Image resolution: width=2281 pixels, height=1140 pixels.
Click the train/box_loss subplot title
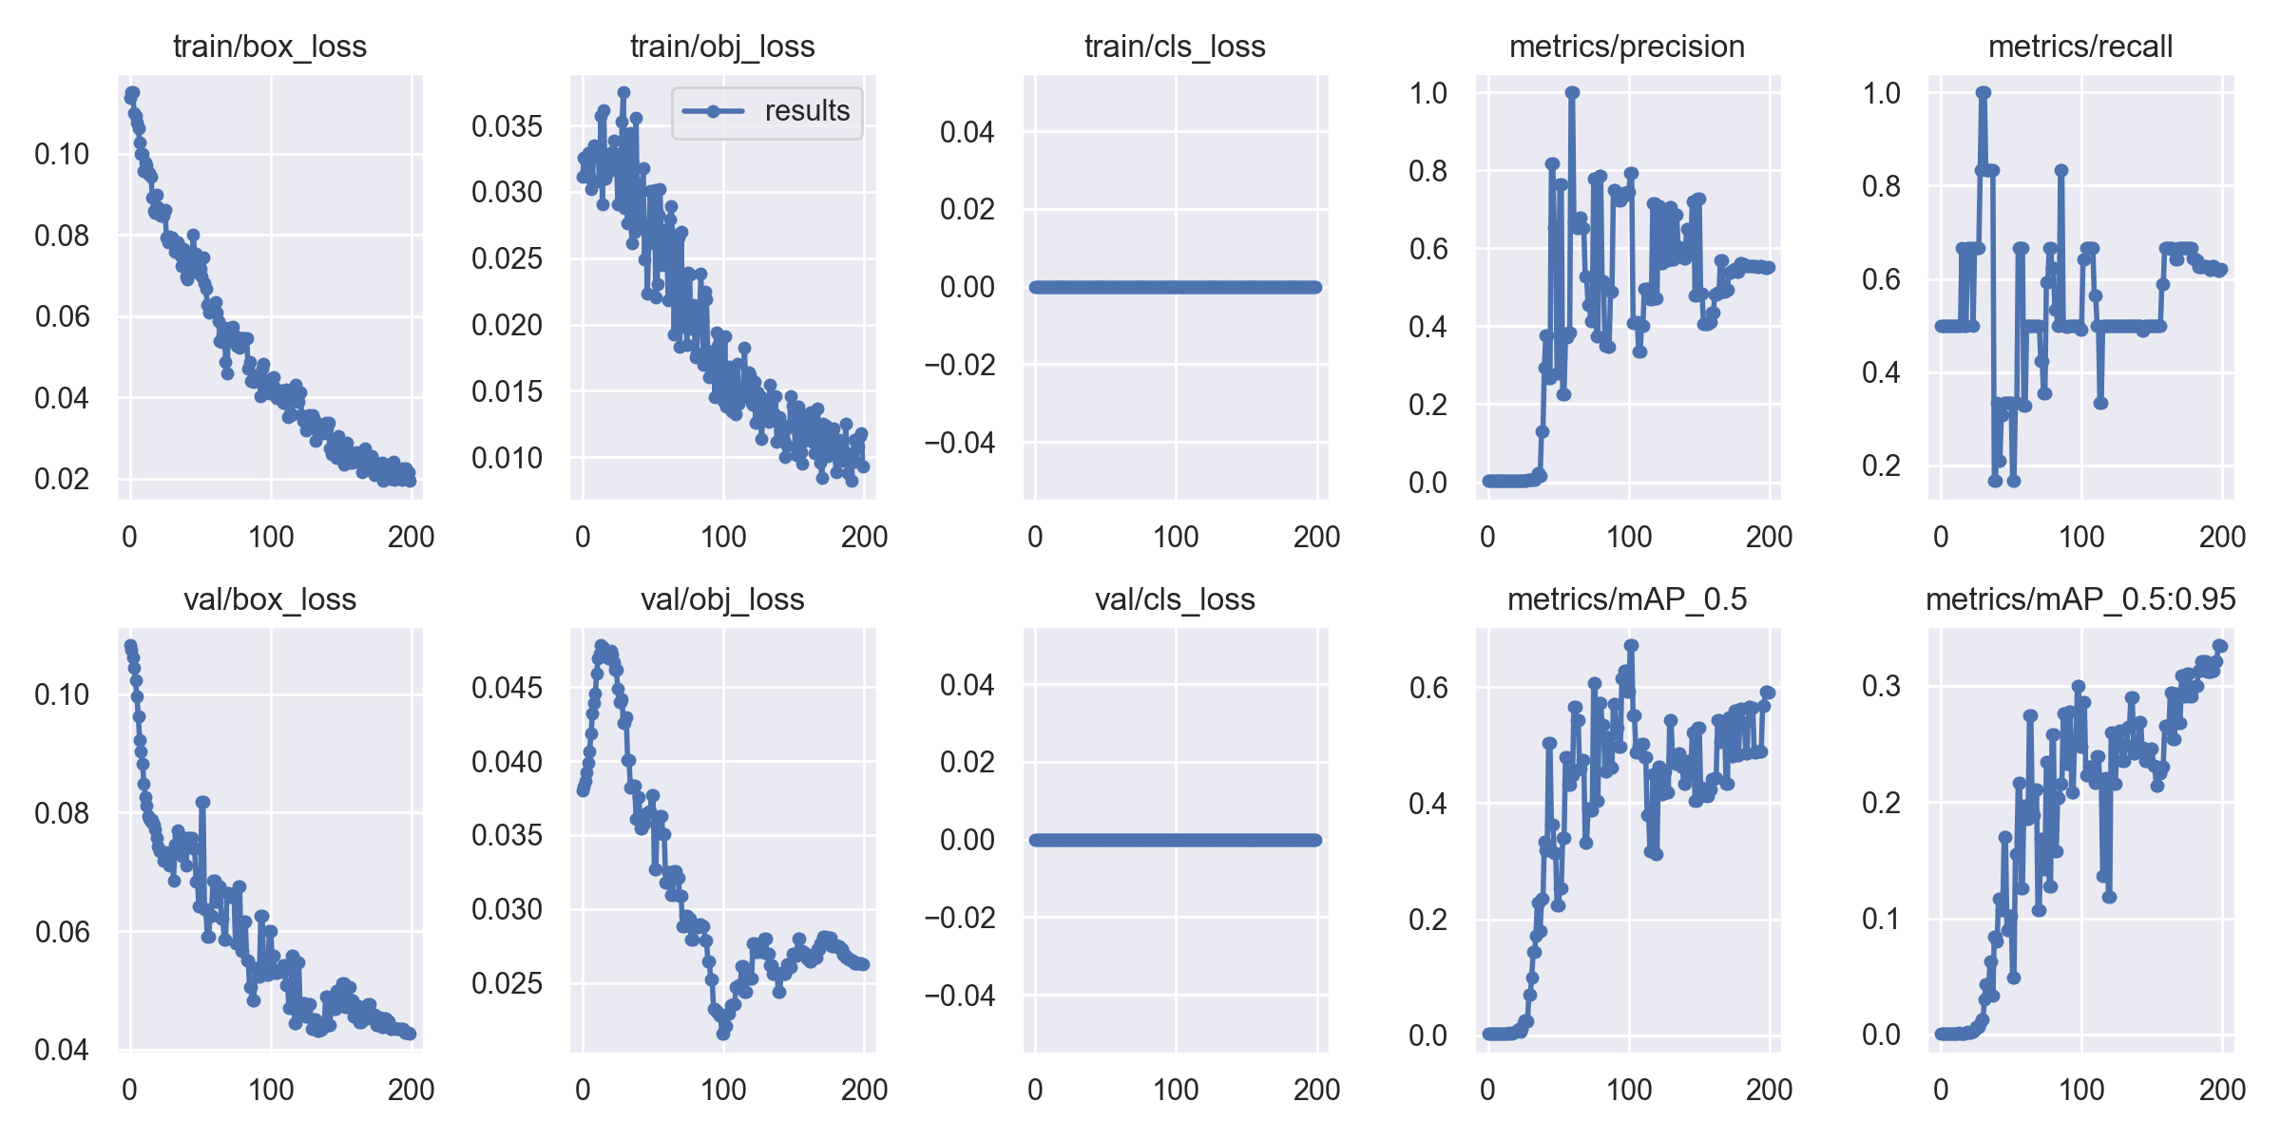[x=270, y=47]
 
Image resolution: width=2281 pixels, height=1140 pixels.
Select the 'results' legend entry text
[x=807, y=111]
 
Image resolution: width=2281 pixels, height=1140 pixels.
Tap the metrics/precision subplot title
[x=1627, y=47]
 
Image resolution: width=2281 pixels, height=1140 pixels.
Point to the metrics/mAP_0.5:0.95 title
[x=2080, y=599]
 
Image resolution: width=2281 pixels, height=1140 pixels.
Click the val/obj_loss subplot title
[x=722, y=599]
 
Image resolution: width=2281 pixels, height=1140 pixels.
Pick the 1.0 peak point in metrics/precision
[x=1573, y=92]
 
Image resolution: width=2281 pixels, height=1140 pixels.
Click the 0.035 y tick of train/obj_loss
[x=507, y=126]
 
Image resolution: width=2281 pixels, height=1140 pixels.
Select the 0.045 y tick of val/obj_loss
[x=507, y=688]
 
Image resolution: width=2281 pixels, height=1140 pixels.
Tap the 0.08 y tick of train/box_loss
[x=62, y=236]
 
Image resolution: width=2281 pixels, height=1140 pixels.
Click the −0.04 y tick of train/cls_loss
[x=960, y=443]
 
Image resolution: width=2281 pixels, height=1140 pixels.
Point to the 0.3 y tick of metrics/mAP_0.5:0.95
[x=1881, y=686]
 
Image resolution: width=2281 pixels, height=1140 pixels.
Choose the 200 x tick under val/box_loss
[x=411, y=1090]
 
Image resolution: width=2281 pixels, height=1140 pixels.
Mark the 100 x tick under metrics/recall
[x=2081, y=537]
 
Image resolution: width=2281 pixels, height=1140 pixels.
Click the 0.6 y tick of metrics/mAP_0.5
[x=1428, y=688]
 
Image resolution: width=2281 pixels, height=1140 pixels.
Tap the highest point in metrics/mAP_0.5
[x=1631, y=645]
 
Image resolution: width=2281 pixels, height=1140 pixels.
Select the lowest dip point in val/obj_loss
[x=723, y=1034]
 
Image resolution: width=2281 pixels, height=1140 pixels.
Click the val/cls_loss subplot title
[x=1175, y=599]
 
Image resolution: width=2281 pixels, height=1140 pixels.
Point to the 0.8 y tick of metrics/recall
[x=1881, y=186]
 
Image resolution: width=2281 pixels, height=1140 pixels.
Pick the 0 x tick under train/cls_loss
[x=1035, y=537]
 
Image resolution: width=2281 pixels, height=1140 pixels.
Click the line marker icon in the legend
[x=713, y=111]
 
